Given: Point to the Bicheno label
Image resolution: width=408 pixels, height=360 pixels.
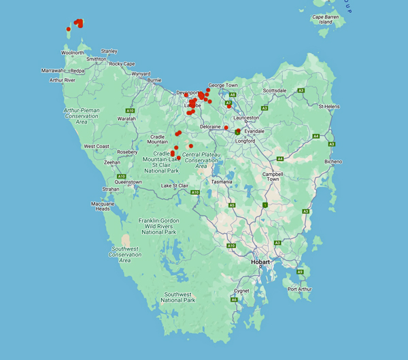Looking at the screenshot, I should [x=333, y=162].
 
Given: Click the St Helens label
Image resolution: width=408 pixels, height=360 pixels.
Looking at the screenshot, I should [x=329, y=106].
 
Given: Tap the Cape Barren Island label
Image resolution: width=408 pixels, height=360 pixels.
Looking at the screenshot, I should [x=326, y=19].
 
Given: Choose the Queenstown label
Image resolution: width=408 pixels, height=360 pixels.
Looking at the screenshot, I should [x=128, y=182].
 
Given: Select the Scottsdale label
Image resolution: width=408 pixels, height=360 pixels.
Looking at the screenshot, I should [x=275, y=90].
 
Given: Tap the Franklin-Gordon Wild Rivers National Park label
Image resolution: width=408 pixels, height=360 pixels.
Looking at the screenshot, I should [x=158, y=226].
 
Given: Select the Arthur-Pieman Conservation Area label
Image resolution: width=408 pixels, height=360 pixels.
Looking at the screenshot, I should [x=82, y=115].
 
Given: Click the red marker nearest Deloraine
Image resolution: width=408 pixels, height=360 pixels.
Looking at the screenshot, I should [x=226, y=128].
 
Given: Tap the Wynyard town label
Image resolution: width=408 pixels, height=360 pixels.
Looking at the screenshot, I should [x=141, y=73].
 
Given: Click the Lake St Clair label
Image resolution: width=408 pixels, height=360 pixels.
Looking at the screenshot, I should [x=175, y=185].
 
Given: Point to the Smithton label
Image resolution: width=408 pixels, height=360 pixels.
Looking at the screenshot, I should [x=96, y=59].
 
